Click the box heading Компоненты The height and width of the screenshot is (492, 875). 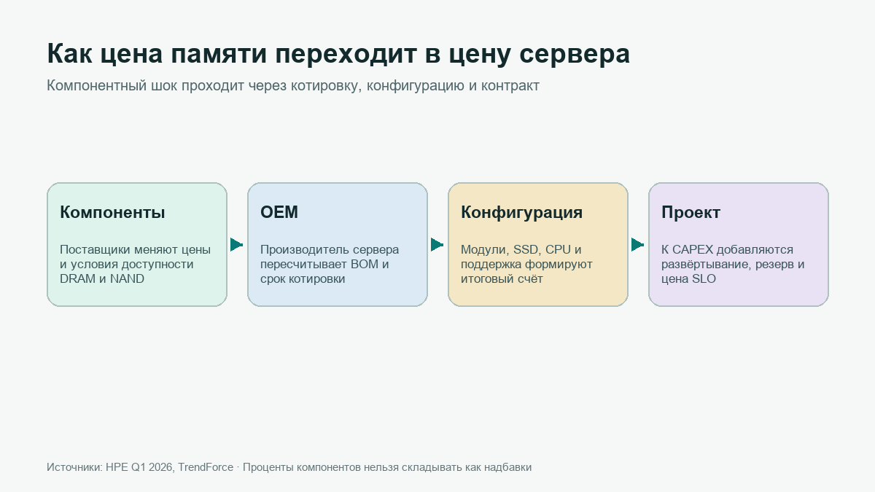tap(112, 212)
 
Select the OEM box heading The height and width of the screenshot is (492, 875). tap(279, 212)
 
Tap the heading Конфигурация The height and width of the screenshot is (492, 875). tap(521, 213)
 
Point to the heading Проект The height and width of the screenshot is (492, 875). tap(691, 213)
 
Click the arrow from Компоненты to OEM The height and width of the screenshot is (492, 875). tap(237, 245)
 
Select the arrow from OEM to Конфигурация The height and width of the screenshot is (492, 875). tap(437, 245)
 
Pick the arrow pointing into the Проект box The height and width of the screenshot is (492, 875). tap(637, 245)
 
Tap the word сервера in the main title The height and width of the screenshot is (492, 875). tap(575, 55)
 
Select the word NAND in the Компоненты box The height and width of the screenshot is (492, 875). tap(127, 278)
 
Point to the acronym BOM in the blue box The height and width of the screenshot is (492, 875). tap(365, 264)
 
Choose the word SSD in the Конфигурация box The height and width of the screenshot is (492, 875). tap(526, 250)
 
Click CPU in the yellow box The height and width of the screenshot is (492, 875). tap(558, 249)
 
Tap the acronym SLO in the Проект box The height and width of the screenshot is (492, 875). tap(704, 278)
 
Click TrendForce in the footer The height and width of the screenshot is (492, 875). tap(206, 467)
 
